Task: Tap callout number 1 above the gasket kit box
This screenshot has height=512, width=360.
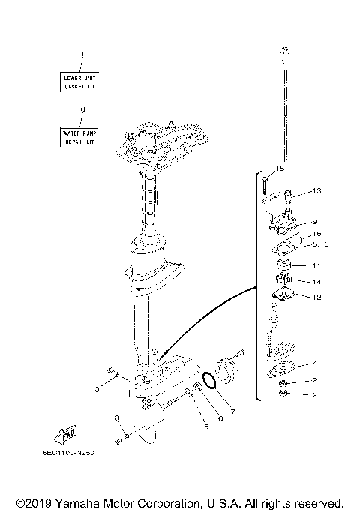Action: click(x=82, y=54)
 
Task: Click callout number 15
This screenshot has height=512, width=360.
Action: click(x=280, y=168)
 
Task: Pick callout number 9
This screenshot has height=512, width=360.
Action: click(x=315, y=221)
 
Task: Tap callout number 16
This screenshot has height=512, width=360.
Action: click(x=316, y=234)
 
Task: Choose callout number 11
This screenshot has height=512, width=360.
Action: click(x=316, y=265)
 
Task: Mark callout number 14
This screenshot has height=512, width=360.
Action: click(x=316, y=282)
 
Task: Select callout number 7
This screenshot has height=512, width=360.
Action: click(x=232, y=412)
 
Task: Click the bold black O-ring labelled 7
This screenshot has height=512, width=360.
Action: click(x=211, y=380)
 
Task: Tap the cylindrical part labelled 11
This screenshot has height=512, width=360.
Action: click(x=286, y=268)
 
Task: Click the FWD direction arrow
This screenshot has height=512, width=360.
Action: click(x=66, y=435)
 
